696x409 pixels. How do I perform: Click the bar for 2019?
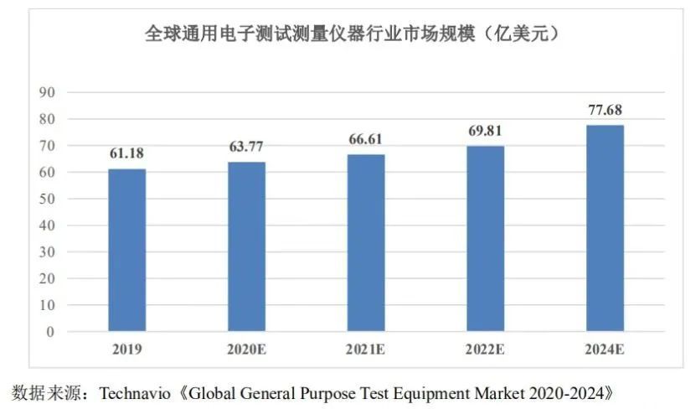pyautogui.click(x=126, y=250)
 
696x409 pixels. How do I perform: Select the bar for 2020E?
pyautogui.click(x=246, y=246)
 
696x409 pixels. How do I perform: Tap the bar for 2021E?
pyautogui.click(x=366, y=243)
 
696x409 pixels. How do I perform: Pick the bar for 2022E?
pyautogui.click(x=486, y=239)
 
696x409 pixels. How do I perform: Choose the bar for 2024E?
pyautogui.click(x=606, y=228)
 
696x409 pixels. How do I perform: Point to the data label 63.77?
pyautogui.click(x=246, y=148)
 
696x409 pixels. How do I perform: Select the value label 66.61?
pyautogui.click(x=366, y=140)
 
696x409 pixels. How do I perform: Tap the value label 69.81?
pyautogui.click(x=486, y=132)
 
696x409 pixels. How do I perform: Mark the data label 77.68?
pyautogui.click(x=606, y=111)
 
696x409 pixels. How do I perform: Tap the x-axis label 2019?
pyautogui.click(x=126, y=349)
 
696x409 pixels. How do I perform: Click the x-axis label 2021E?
pyautogui.click(x=366, y=349)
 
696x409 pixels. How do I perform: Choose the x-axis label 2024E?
pyautogui.click(x=606, y=349)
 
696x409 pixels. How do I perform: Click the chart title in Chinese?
pyautogui.click(x=352, y=35)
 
